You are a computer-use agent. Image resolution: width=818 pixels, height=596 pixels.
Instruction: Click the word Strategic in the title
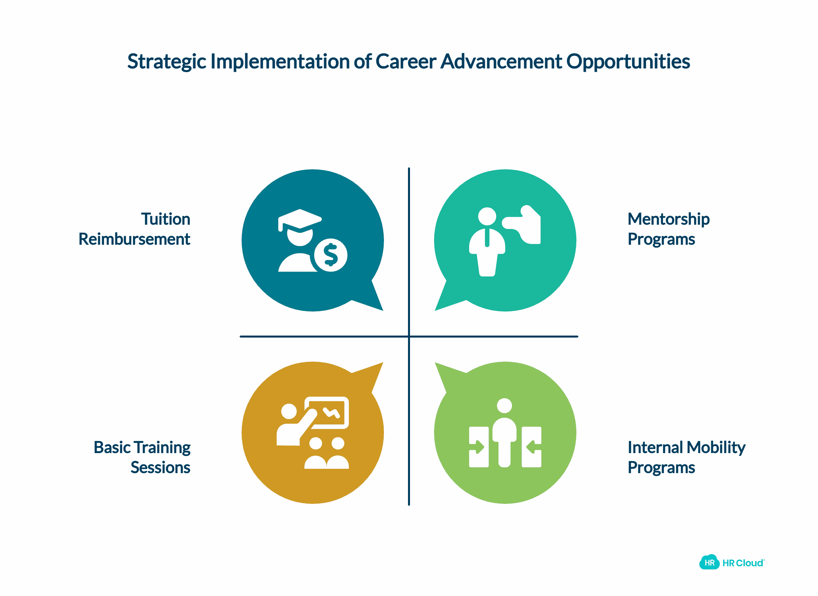[x=166, y=62]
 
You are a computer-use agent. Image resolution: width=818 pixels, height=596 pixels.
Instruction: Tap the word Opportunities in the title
[x=628, y=62]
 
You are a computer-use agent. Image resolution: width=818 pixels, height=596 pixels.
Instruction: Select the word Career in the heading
[x=406, y=62]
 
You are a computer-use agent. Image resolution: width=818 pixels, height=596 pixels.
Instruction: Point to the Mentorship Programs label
[x=668, y=229]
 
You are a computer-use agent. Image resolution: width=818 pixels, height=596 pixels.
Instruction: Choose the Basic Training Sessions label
[x=142, y=457]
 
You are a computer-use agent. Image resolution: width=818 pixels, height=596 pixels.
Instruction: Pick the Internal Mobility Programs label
[x=686, y=457]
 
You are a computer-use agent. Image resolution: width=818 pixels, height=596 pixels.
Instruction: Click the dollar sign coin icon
[x=331, y=255]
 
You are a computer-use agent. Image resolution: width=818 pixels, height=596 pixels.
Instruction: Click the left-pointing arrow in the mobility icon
[x=531, y=447]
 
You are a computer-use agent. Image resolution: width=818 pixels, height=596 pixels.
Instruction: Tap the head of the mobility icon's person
[x=504, y=405]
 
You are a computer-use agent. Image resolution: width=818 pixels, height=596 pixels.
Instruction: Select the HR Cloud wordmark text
[x=743, y=563]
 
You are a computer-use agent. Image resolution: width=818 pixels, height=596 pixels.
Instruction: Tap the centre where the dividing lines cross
[x=409, y=337]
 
